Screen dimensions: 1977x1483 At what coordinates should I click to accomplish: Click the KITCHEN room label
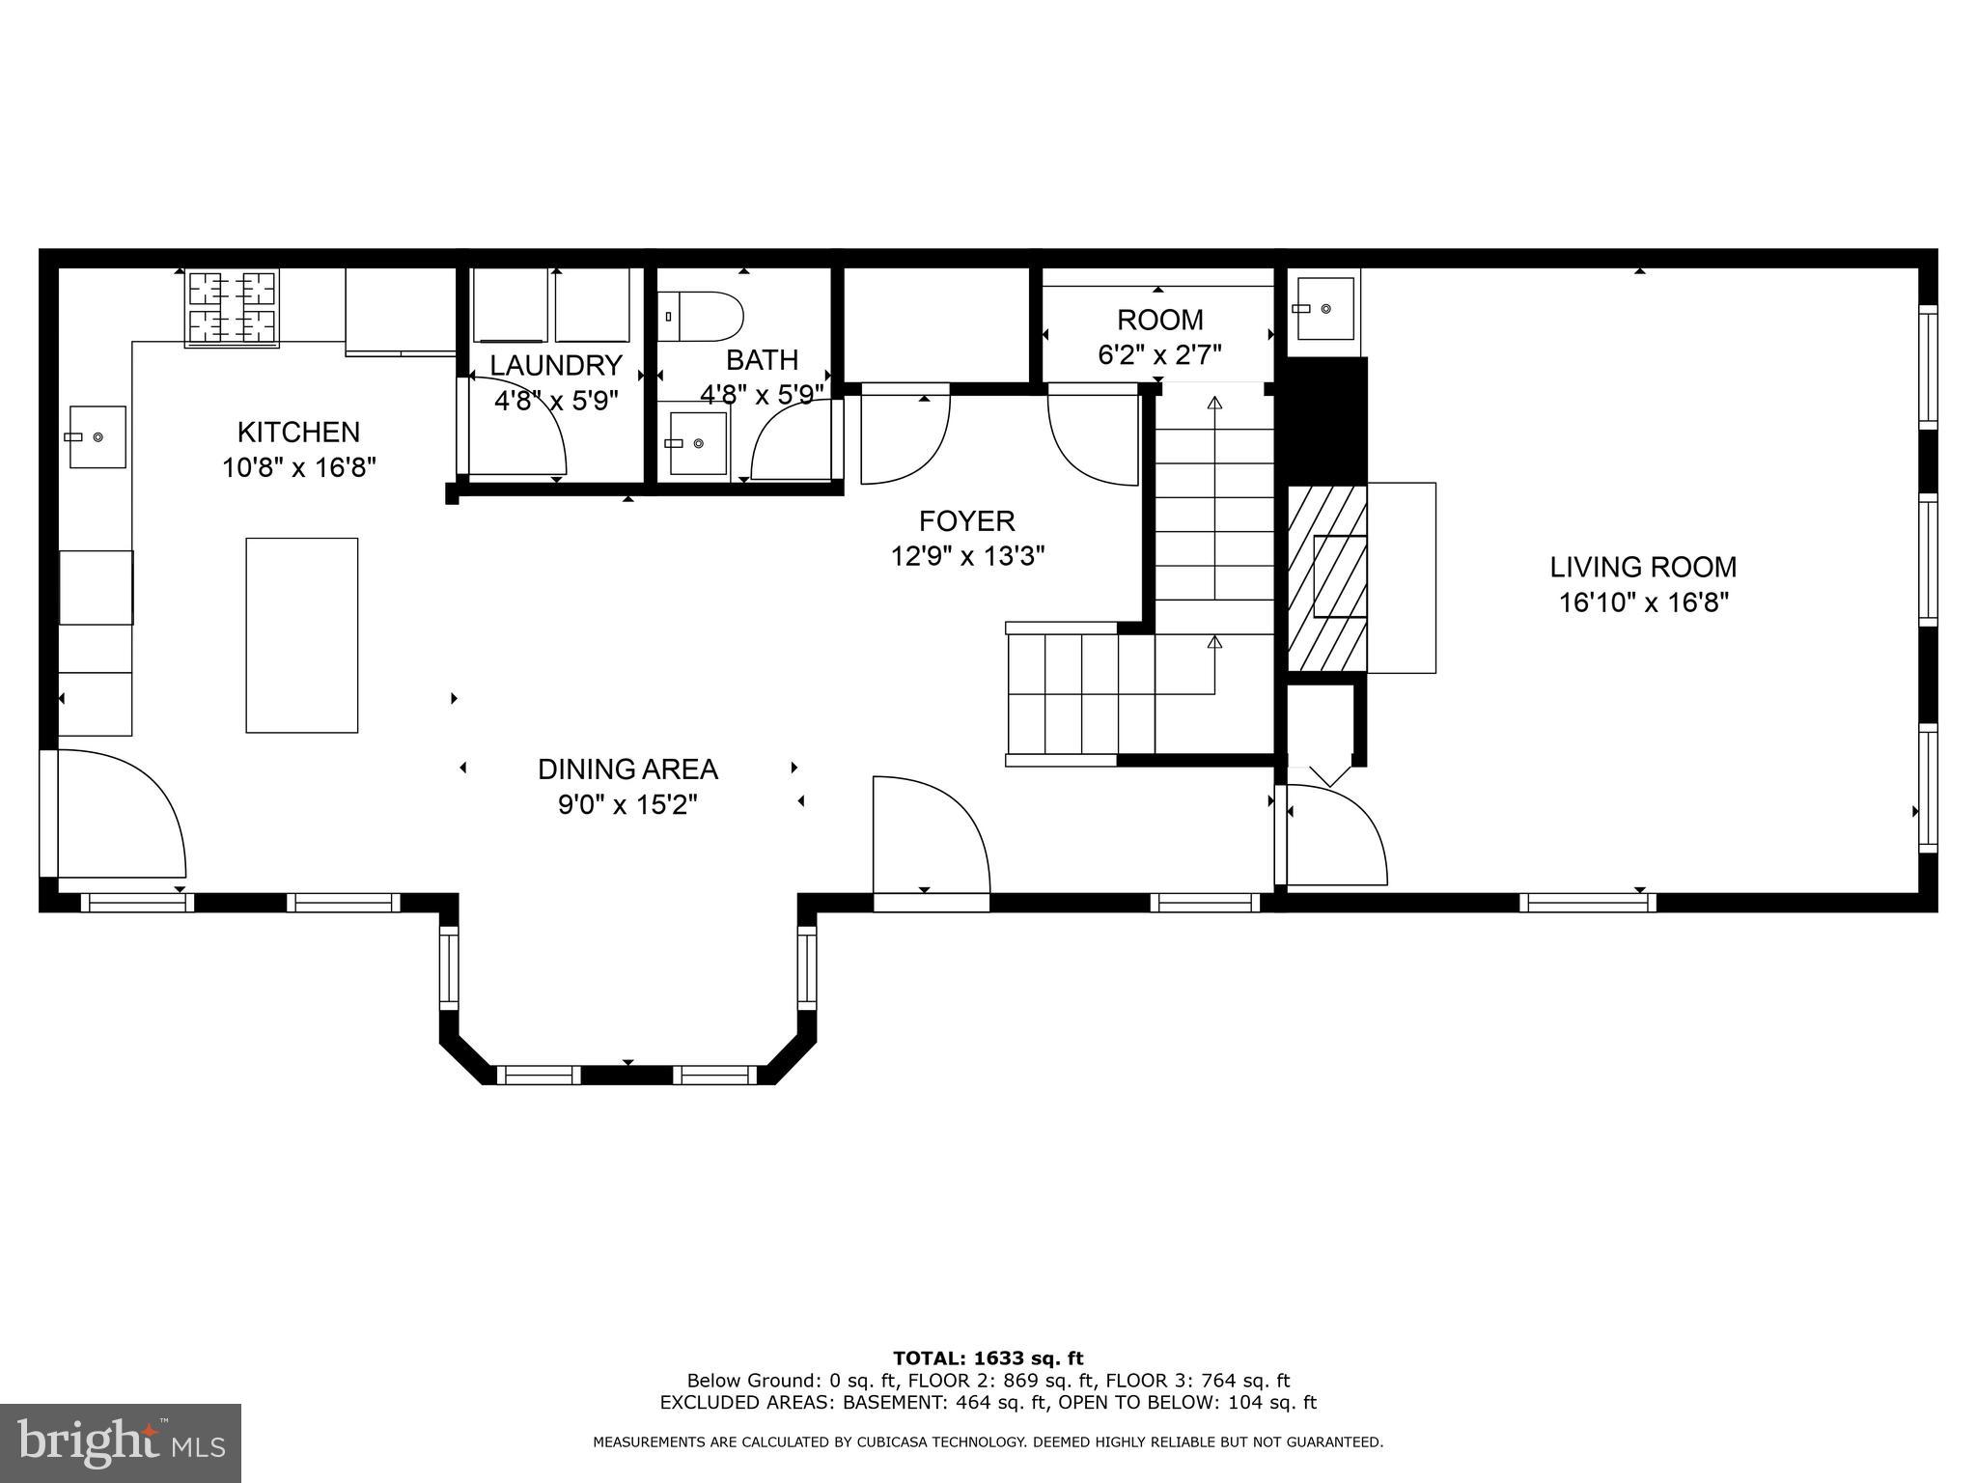tap(298, 432)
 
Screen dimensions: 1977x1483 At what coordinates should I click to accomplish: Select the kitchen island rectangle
tap(302, 635)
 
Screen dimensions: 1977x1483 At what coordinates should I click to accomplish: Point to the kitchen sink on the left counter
tap(97, 437)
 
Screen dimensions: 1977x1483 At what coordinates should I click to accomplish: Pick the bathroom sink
tap(696, 444)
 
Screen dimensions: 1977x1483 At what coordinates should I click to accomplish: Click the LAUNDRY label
tap(556, 365)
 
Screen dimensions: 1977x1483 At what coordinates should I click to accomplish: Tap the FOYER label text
tap(967, 521)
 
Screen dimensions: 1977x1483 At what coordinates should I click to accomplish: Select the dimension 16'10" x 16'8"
tap(1643, 602)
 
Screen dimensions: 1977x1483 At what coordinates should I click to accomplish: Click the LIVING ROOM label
tap(1643, 567)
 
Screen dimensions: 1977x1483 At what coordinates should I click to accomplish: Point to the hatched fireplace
tap(1327, 578)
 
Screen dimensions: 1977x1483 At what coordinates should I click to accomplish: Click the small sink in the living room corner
tap(1324, 308)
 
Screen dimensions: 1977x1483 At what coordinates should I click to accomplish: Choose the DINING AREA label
tap(627, 769)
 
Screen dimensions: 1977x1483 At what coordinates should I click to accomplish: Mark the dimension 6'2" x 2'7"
tap(1160, 355)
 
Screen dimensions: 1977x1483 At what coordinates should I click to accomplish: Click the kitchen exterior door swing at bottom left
tap(122, 814)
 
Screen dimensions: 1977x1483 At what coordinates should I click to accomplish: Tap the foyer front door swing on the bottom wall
tap(932, 834)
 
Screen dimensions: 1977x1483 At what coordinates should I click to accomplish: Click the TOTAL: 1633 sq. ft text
tap(988, 1359)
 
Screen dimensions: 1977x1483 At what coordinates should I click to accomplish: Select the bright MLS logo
tap(121, 1443)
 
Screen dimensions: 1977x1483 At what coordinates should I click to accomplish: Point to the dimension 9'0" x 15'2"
tap(627, 804)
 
